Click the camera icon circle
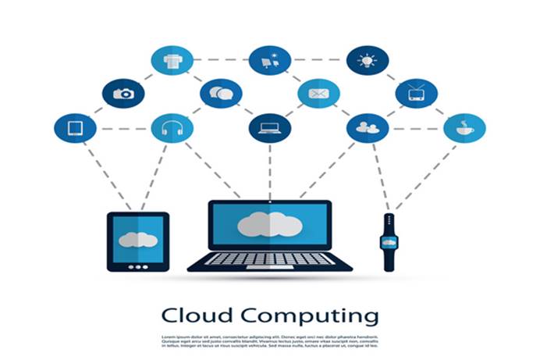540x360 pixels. coord(123,94)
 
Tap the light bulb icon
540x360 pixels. coord(367,60)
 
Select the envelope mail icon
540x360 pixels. coord(318,94)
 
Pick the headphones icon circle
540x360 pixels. coord(172,128)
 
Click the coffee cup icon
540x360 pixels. coord(464,128)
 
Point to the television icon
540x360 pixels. coord(416,94)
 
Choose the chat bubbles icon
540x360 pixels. coord(221,94)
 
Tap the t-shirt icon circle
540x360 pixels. coord(172,60)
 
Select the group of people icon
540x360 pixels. coord(367,128)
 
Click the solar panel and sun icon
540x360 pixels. coord(270,60)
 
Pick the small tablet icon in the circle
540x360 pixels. coord(75,128)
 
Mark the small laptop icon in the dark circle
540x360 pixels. coord(270,128)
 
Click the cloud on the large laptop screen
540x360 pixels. coord(270,224)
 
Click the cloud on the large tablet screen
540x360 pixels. coord(138,239)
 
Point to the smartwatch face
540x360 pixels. coord(389,242)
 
